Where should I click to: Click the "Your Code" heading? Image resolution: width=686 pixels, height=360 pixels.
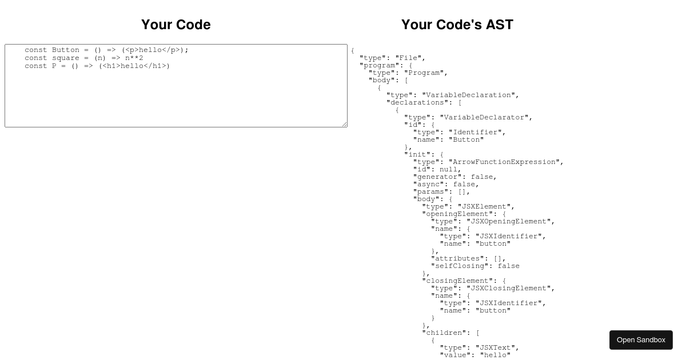[176, 25]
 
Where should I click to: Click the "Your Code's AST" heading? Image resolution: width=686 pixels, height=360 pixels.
[457, 25]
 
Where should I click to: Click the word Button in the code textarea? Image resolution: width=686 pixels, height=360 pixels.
[66, 50]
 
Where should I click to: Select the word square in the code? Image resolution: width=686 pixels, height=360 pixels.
[66, 58]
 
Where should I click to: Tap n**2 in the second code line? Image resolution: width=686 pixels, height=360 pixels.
[134, 58]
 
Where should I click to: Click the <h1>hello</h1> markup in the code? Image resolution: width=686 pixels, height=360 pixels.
[134, 66]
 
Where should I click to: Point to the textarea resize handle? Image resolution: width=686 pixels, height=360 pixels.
[345, 124]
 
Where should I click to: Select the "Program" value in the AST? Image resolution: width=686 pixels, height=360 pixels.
[424, 73]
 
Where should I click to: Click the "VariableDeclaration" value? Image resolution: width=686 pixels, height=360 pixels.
[469, 95]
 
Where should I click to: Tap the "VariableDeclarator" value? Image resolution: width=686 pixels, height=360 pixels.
[484, 118]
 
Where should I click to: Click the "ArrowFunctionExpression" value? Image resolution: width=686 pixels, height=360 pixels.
[504, 162]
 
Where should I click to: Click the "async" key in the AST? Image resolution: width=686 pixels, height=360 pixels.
[430, 184]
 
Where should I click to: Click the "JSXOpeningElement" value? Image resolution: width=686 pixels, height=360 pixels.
[509, 221]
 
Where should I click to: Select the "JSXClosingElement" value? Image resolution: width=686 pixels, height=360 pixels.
[509, 289]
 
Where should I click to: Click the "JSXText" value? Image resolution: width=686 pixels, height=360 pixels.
[495, 348]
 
